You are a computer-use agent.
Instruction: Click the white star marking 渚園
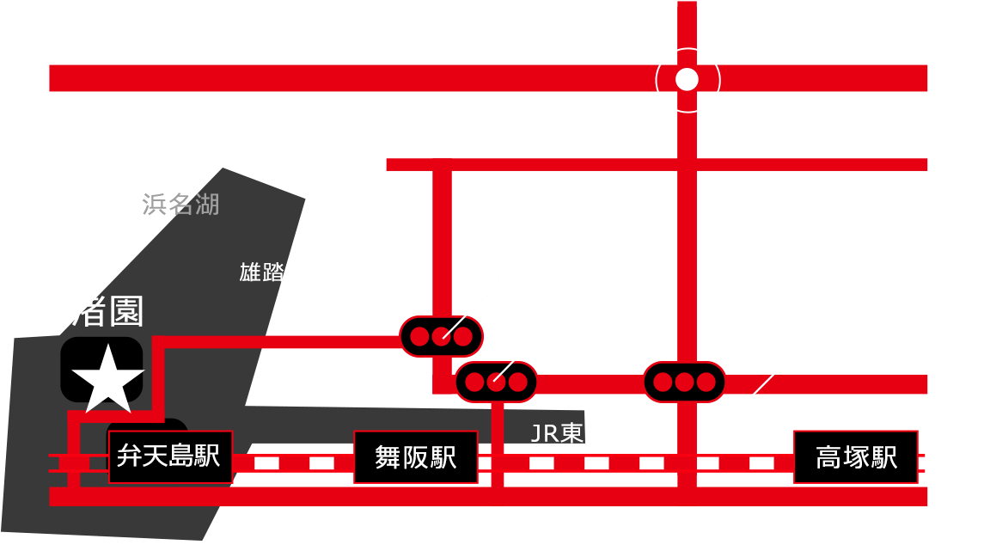(107, 377)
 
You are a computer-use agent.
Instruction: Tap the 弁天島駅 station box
(169, 456)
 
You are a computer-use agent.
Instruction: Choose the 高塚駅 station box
(855, 456)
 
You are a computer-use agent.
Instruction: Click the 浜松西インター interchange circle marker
(688, 80)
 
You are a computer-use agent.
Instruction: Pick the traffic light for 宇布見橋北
(496, 382)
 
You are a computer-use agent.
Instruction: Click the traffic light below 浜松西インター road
(684, 382)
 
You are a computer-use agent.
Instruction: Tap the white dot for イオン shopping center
(729, 419)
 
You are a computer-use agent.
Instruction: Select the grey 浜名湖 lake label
(180, 205)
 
